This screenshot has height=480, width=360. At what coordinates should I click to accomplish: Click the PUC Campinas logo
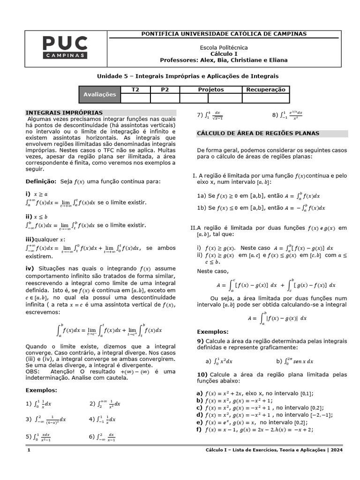65,47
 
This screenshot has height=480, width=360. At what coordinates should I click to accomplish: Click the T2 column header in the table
135,90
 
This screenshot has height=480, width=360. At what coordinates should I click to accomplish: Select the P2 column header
165,90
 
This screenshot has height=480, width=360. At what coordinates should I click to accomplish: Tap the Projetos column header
210,90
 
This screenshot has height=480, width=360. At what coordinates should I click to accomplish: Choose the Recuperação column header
266,90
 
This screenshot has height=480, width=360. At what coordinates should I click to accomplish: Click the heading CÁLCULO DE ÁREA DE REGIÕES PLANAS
257,134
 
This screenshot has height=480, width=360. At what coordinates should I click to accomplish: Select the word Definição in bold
40,181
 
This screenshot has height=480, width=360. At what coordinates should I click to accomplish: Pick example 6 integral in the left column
105,437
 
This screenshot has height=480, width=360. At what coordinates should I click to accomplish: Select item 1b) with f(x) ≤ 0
261,207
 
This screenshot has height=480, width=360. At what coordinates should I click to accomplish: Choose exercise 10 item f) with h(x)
255,429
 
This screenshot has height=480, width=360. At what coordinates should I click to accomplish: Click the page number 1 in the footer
29,450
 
